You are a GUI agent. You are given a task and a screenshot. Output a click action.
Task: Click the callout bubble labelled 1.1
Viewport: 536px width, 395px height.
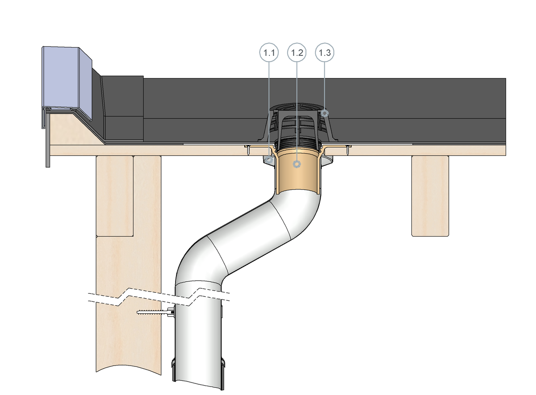pyautogui.click(x=269, y=53)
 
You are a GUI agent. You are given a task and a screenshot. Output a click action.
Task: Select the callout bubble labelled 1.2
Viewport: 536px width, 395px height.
pyautogui.click(x=297, y=53)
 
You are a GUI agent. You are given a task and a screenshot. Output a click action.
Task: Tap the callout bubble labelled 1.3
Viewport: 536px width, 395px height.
pyautogui.click(x=325, y=53)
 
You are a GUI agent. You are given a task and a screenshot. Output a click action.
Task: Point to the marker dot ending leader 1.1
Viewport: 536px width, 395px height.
pyautogui.click(x=268, y=158)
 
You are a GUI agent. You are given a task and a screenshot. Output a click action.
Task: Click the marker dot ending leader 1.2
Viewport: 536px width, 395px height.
pyautogui.click(x=296, y=164)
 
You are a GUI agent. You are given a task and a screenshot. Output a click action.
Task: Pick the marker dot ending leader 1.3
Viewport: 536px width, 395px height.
pyautogui.click(x=325, y=113)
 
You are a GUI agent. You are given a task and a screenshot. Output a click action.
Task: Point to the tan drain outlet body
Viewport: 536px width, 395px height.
pyautogui.click(x=297, y=174)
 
